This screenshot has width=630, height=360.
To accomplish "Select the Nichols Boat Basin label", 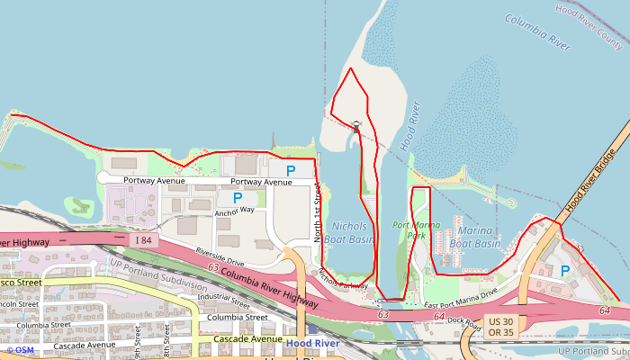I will pyautogui.click(x=349, y=233).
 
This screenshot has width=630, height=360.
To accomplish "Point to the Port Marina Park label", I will pyautogui.click(x=409, y=229).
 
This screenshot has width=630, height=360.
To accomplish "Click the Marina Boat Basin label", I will pyautogui.click(x=474, y=236).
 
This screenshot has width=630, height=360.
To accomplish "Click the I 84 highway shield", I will pyautogui.click(x=145, y=240).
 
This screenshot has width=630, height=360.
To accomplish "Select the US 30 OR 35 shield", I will pyautogui.click(x=500, y=327).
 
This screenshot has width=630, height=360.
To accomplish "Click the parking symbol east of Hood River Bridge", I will pyautogui.click(x=565, y=270).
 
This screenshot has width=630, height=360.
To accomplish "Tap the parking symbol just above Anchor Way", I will pyautogui.click(x=238, y=197).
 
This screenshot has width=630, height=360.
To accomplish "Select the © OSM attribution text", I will pyautogui.click(x=20, y=350).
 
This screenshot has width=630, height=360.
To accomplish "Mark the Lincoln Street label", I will pyautogui.click(x=20, y=303).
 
